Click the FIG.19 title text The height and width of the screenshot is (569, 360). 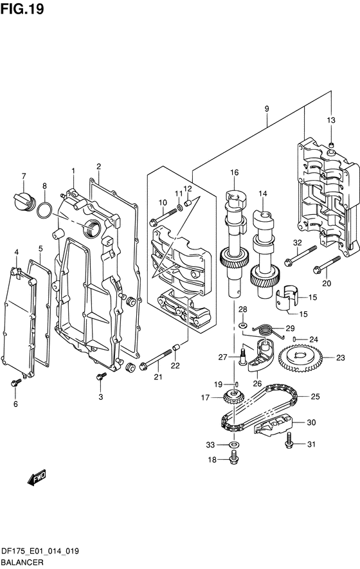22,9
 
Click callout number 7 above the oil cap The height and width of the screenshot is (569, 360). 24,176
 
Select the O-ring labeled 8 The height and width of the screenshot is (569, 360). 44,210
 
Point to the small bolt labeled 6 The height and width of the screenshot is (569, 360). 15,382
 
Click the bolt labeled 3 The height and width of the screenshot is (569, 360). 102,376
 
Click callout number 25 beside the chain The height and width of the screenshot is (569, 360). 316,397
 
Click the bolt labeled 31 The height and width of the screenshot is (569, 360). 289,440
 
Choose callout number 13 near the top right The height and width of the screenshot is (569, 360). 331,120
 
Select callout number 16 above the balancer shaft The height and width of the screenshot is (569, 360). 235,172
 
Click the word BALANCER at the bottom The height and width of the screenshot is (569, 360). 22,563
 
